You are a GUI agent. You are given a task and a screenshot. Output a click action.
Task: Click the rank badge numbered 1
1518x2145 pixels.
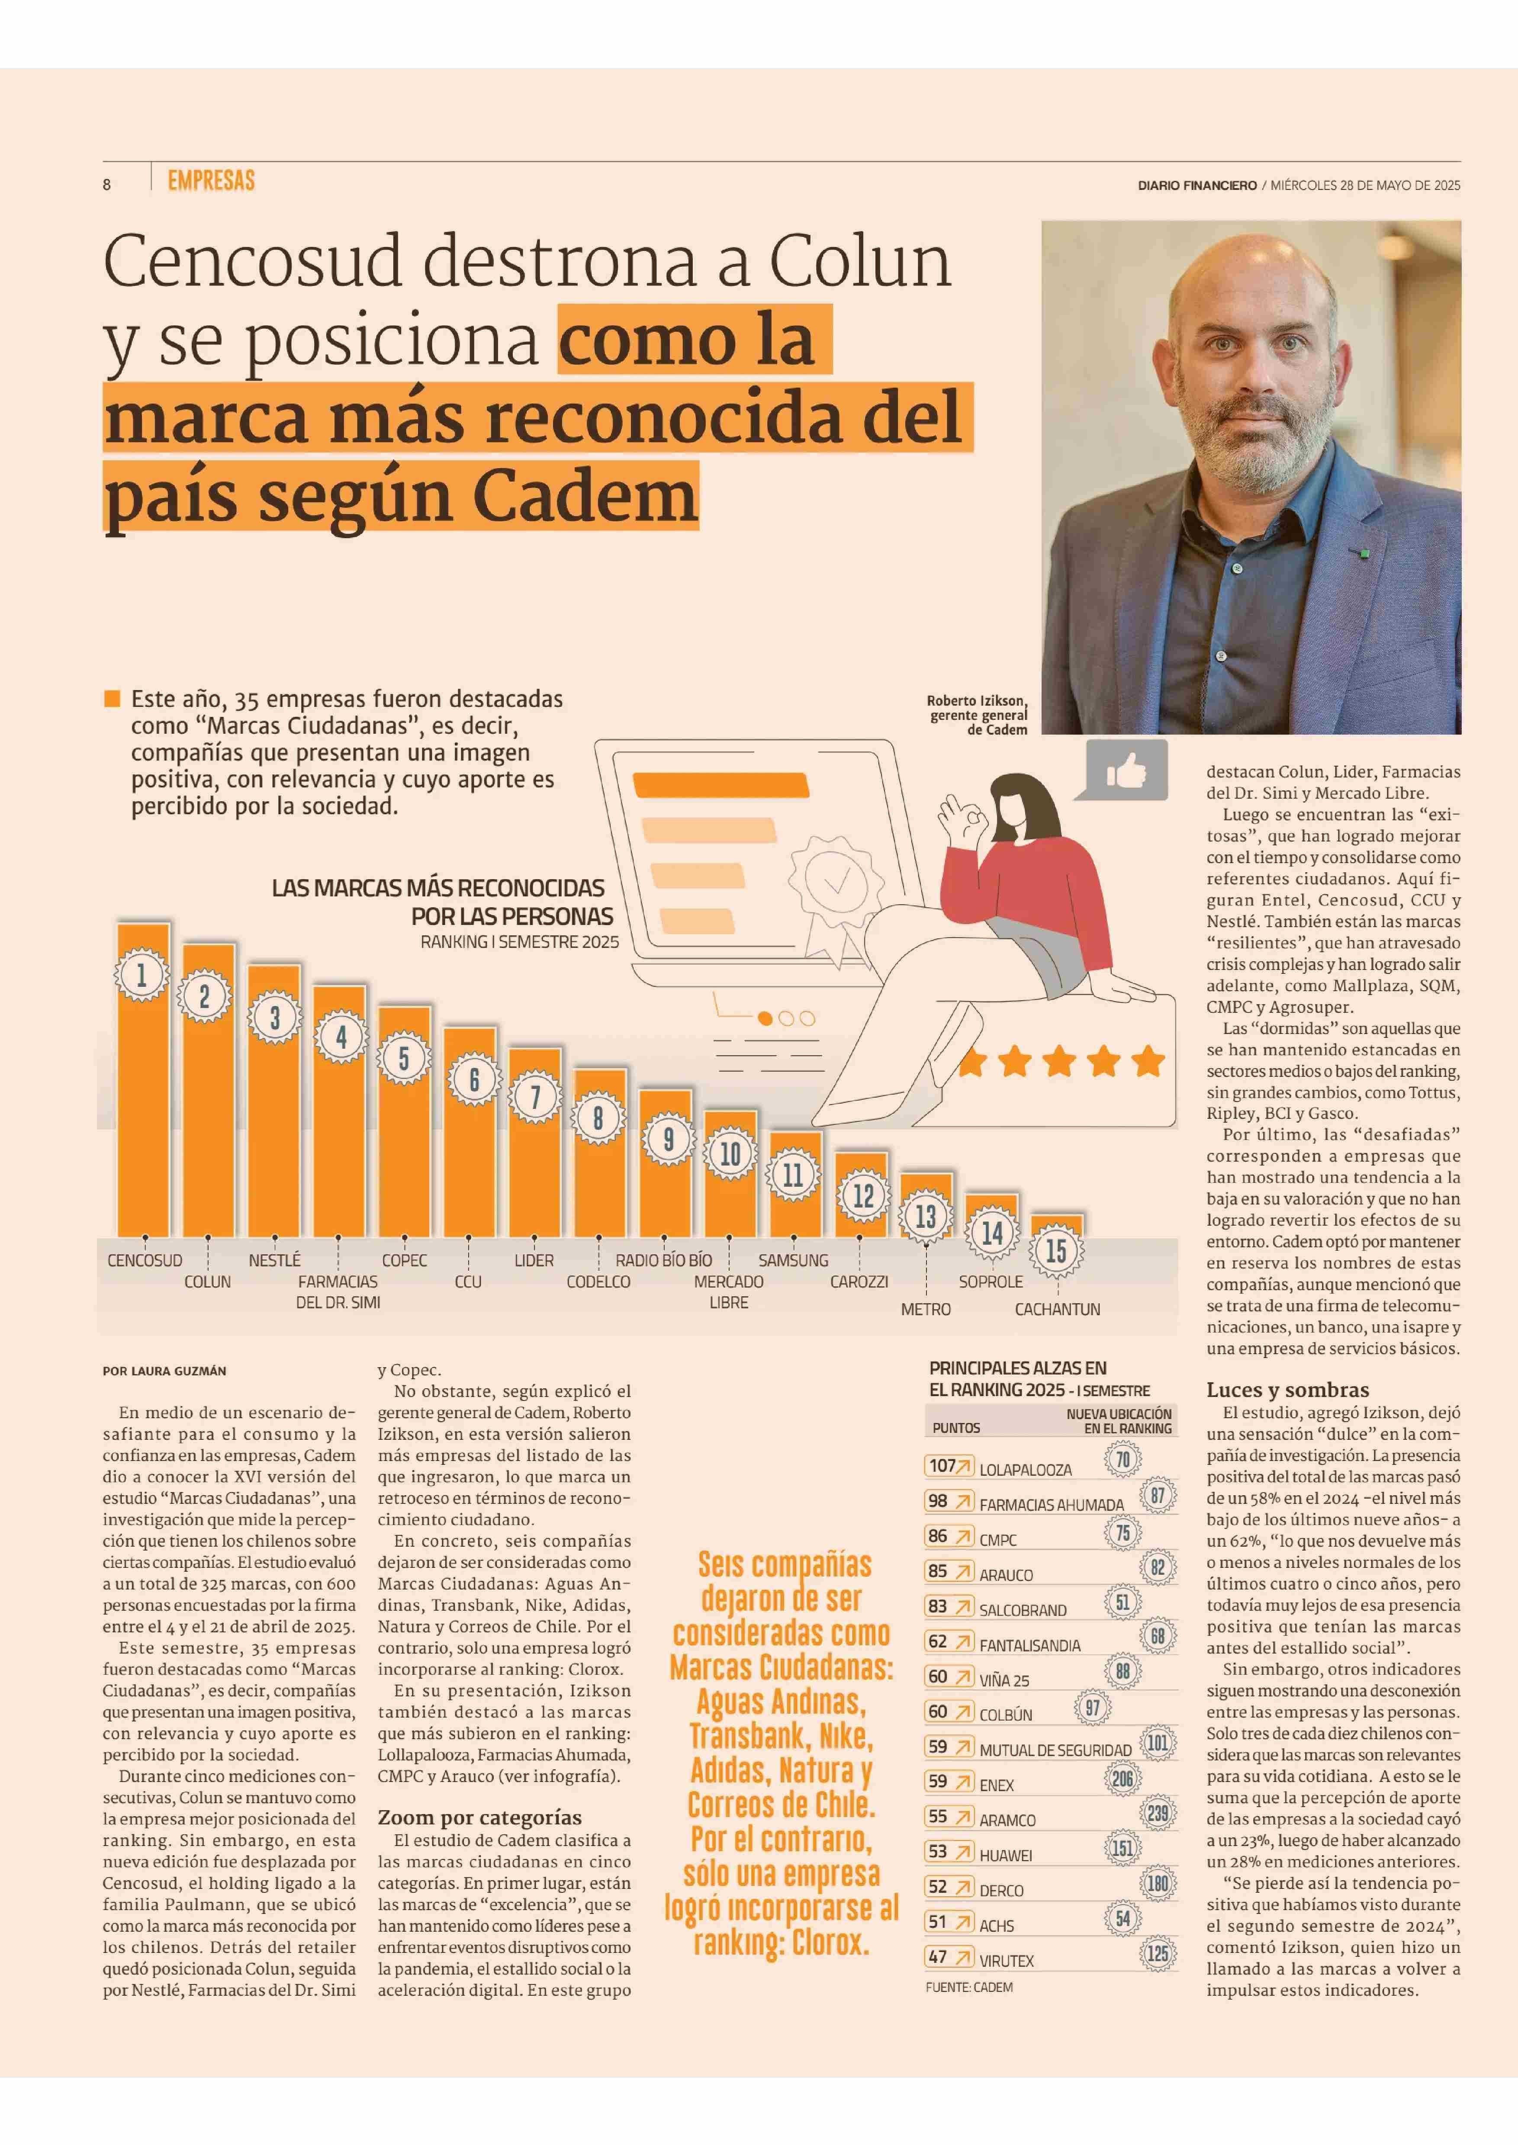[x=142, y=976]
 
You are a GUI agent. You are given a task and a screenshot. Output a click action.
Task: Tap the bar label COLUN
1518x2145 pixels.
[x=208, y=1281]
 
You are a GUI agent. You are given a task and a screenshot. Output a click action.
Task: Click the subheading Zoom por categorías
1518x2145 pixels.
[x=479, y=1817]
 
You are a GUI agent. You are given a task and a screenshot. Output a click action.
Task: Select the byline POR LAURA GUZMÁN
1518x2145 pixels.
[x=164, y=1371]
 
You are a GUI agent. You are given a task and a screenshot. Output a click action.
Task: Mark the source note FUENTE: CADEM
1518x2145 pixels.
[x=968, y=1987]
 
